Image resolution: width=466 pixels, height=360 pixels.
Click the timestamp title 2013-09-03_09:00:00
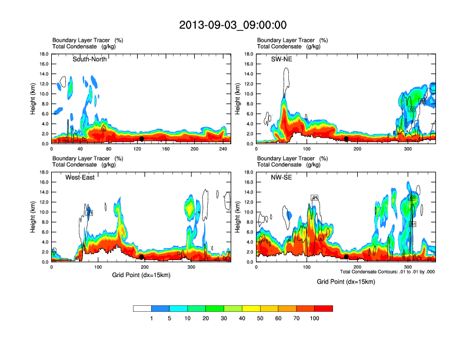(232, 25)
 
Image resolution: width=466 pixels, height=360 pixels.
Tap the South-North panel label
(89, 59)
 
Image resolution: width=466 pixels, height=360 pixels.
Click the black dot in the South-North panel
(141, 139)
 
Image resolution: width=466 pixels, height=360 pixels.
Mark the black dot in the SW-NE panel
(347, 139)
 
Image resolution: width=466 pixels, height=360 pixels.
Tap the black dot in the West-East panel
(142, 257)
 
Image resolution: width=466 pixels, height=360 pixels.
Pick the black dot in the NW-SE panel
(347, 257)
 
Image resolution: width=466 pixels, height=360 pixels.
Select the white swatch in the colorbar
(142, 308)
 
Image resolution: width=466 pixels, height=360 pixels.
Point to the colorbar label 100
(315, 318)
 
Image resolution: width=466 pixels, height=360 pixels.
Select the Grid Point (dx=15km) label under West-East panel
(141, 275)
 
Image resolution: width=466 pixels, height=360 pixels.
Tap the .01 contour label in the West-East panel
(90, 212)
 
